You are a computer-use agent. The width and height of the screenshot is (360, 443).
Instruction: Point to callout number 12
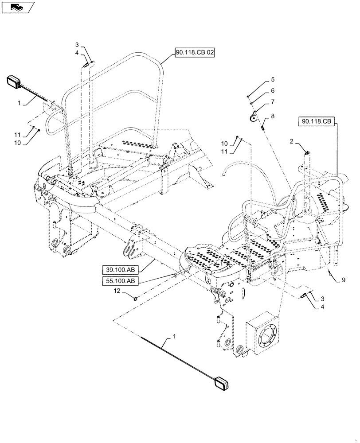[117, 291]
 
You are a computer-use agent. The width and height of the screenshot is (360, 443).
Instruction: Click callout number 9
[344, 280]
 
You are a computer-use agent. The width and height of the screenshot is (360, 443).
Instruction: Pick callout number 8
[273, 117]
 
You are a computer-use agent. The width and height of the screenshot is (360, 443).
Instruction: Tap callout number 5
[273, 80]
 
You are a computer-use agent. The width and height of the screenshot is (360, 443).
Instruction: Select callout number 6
[273, 91]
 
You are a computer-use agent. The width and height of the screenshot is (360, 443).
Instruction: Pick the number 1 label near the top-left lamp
[19, 103]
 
